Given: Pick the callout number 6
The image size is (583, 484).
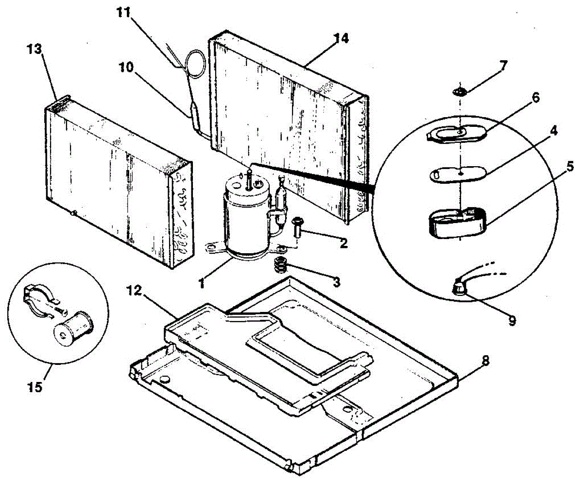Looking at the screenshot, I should (x=535, y=98).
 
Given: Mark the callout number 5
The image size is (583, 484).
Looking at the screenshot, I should (x=569, y=167).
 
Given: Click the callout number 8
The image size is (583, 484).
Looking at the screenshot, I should (x=485, y=361).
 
